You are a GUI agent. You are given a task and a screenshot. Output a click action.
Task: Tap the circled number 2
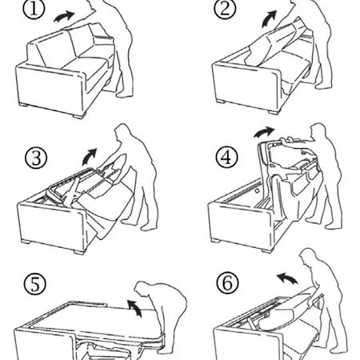tap(225, 8)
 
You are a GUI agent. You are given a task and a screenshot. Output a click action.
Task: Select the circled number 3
tap(36, 158)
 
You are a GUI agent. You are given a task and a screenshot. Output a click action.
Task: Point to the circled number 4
tap(226, 158)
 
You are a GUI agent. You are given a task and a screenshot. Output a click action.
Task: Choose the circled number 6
tap(227, 282)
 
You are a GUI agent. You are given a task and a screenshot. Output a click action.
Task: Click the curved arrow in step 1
tap(64, 17)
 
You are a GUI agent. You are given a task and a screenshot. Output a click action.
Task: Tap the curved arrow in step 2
tap(269, 18)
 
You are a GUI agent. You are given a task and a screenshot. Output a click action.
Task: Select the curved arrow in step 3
tap(90, 157)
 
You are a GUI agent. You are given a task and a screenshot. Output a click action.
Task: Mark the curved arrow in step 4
tap(263, 132)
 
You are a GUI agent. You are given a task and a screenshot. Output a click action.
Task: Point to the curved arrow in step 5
tap(135, 307)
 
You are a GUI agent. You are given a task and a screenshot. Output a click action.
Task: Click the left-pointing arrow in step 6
tap(287, 278)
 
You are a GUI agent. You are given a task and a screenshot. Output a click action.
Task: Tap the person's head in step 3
tap(122, 131)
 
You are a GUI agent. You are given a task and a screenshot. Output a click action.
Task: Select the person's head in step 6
tap(309, 258)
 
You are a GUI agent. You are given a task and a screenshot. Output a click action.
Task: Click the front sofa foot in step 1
tap(78, 115)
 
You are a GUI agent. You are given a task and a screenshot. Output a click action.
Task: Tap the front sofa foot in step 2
tap(272, 112)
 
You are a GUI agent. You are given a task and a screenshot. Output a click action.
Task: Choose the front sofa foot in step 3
tap(80, 251)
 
